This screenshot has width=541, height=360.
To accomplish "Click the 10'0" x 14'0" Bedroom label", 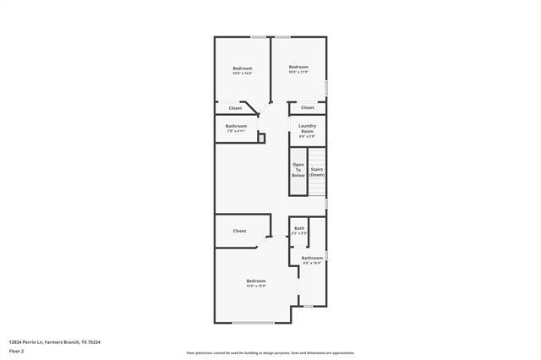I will tap(243, 69).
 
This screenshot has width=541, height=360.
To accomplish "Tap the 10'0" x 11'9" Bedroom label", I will tap(298, 68).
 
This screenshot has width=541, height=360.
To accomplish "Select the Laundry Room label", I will tap(307, 130).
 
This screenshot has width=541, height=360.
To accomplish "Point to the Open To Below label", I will tap(298, 170).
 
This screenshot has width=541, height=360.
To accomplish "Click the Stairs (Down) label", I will tap(317, 172).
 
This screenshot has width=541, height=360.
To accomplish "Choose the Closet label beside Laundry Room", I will tap(308, 108).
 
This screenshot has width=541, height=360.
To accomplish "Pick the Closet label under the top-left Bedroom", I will tap(235, 108).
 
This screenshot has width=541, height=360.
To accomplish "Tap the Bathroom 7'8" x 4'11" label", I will tap(236, 128).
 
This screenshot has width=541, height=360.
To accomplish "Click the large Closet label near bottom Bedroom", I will tap(239, 231).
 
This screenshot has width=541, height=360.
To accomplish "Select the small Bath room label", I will tap(299, 230).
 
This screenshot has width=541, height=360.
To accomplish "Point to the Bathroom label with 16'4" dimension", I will tap(312, 259).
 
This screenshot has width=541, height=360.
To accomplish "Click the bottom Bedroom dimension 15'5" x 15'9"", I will tap(256, 286).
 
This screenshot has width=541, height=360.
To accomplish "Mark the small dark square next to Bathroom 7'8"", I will tap(261, 137).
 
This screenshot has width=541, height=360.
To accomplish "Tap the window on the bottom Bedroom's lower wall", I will tap(253, 323).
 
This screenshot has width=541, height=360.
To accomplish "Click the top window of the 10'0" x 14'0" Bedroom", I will tap(256, 36).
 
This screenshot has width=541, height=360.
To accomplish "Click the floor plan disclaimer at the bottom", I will tap(270, 352).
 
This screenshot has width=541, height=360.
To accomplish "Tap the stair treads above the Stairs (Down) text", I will tap(317, 156).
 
